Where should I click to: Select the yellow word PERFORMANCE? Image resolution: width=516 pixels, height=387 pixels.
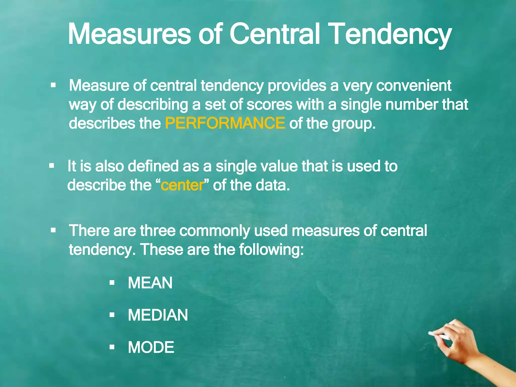(225, 123)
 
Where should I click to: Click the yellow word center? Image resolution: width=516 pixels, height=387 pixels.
(182, 185)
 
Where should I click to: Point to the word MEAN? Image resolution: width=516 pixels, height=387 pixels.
(150, 283)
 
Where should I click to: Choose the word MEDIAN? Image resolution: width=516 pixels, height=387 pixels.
(158, 315)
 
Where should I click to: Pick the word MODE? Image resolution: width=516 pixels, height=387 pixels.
(151, 347)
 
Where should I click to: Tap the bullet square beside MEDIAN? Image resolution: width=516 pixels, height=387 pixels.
(112, 315)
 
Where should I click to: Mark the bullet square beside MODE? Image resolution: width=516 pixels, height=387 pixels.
(112, 347)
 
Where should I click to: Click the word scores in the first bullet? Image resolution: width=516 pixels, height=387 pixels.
(269, 104)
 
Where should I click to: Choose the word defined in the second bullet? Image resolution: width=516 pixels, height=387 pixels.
(153, 166)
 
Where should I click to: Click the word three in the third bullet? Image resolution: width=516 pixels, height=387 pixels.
(158, 231)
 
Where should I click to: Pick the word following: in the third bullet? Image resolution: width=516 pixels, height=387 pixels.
(271, 249)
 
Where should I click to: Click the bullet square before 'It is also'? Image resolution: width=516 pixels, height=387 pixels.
(52, 166)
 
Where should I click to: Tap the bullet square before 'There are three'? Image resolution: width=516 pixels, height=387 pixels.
(53, 230)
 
